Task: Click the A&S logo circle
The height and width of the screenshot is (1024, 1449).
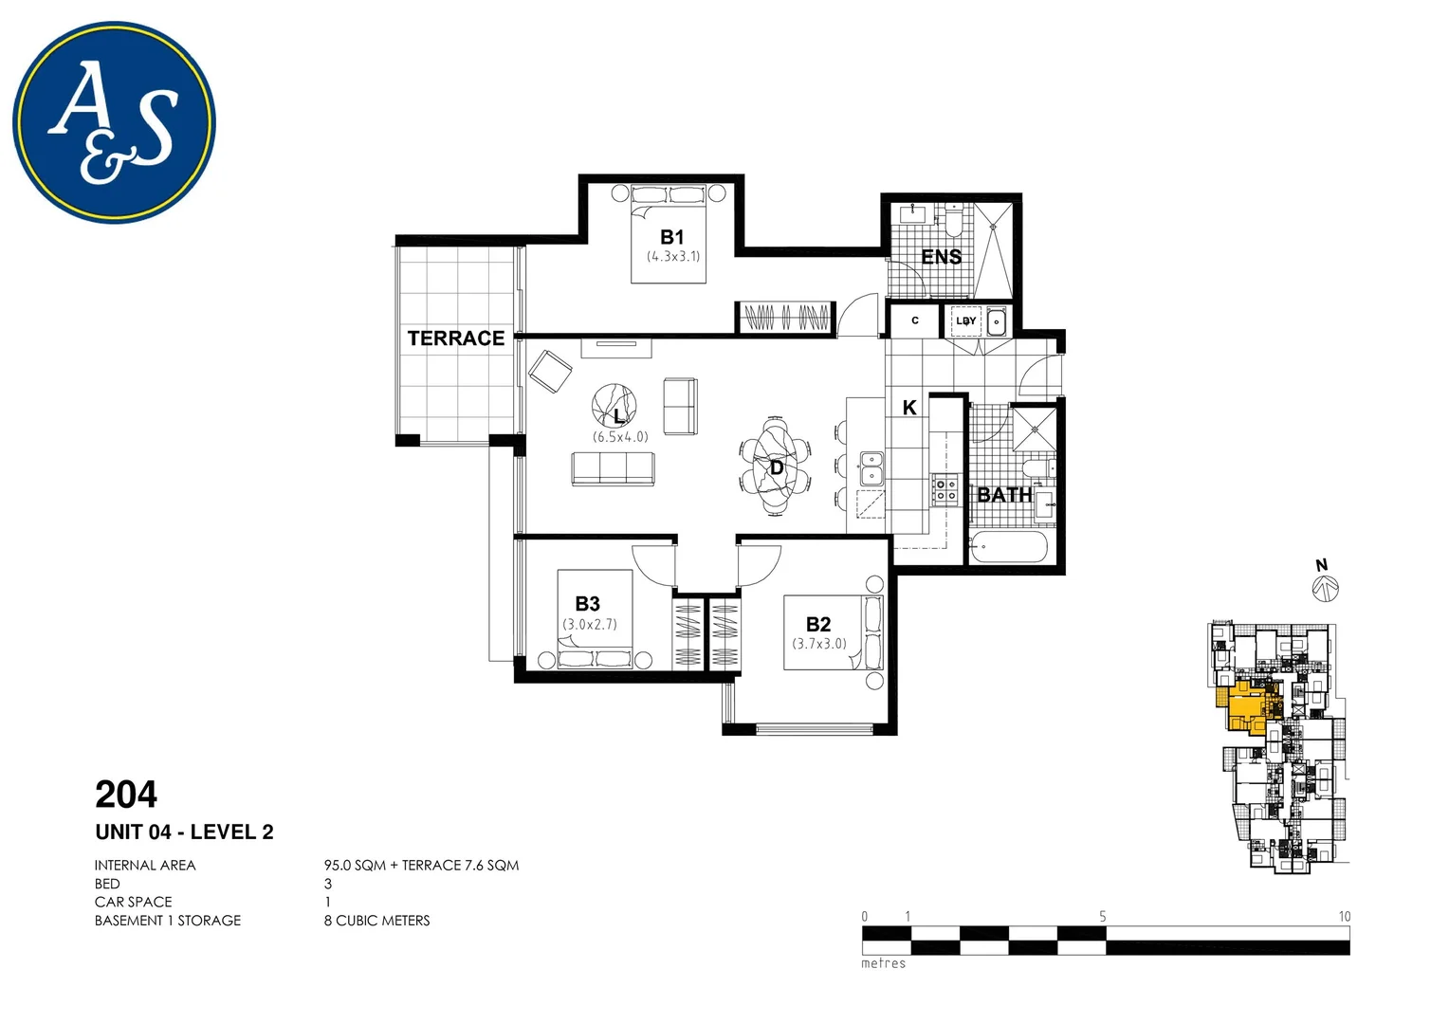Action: [x=114, y=122]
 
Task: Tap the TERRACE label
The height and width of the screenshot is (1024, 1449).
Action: [x=456, y=338]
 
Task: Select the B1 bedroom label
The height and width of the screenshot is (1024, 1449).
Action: [x=672, y=237]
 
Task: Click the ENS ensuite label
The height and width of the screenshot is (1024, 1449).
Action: [x=941, y=257]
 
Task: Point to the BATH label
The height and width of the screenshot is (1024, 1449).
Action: [x=1004, y=495]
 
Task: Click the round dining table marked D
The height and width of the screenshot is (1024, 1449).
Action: [x=776, y=466]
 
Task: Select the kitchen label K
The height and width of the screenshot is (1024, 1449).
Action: [x=909, y=408]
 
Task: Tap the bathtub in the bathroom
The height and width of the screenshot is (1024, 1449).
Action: [x=1008, y=547]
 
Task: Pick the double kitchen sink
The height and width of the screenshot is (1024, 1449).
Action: [x=871, y=468]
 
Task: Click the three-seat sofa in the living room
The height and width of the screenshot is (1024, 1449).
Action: [x=613, y=468]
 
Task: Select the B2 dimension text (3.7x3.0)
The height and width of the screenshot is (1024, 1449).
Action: [x=819, y=644]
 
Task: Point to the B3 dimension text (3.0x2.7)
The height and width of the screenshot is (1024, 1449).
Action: [x=590, y=625]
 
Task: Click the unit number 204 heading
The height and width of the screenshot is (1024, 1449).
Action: [x=126, y=794]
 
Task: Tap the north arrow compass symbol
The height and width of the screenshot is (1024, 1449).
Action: [x=1324, y=588]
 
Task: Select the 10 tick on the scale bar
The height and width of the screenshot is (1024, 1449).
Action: [x=1344, y=917]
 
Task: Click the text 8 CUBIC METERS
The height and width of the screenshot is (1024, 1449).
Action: [x=376, y=921]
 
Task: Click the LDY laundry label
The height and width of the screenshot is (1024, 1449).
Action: [x=965, y=321]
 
